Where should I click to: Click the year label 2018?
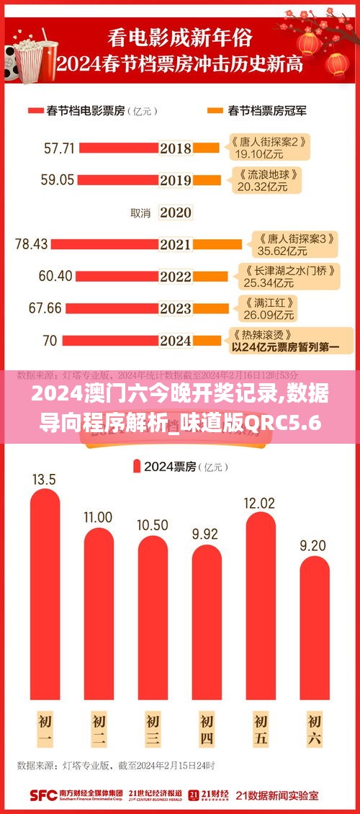(x=176, y=148)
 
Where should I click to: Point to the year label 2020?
(x=176, y=213)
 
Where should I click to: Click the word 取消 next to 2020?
(x=140, y=213)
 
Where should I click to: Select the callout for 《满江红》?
(x=264, y=308)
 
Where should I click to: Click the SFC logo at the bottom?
(x=43, y=795)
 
